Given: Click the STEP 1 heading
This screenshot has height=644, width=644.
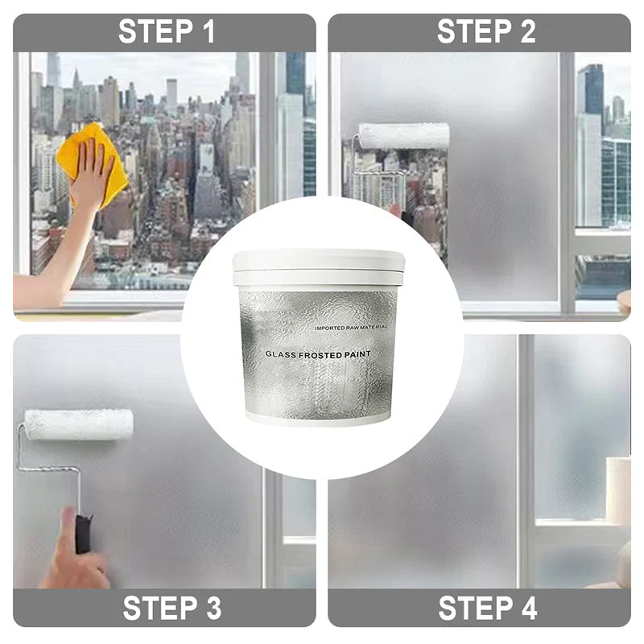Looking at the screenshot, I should point(167,32).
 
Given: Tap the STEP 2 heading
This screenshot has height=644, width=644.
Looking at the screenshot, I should point(485,32).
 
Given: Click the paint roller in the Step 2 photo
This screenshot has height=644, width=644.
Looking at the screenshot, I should point(402,135).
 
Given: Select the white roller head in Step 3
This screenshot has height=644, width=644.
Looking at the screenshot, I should point(78,424).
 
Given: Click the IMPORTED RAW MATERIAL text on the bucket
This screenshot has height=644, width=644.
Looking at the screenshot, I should point(351,328).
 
